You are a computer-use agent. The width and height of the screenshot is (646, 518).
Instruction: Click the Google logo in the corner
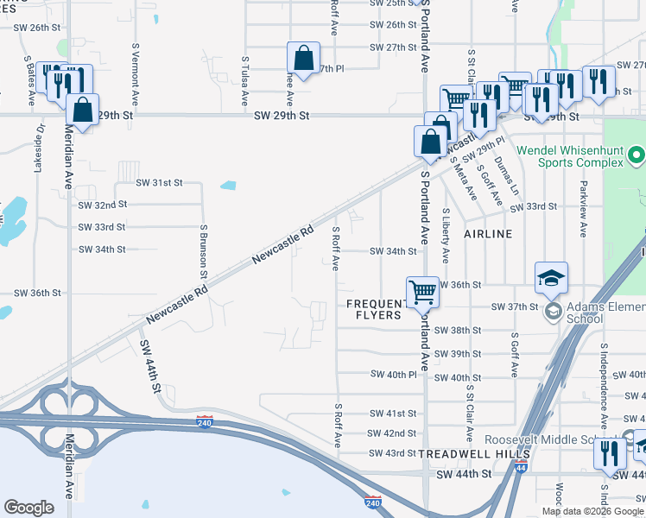28,508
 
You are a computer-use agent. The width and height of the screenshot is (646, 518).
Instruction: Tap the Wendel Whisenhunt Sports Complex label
569,156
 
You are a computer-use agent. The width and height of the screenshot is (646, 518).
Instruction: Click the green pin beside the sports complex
636,157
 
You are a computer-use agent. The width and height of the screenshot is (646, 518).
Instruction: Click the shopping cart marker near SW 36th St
422,292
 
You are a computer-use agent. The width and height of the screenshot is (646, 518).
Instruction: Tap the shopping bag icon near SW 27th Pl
304,59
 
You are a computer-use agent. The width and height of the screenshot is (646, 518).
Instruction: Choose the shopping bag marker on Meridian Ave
82,111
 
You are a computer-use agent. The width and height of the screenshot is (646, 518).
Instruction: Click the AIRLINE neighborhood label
487,234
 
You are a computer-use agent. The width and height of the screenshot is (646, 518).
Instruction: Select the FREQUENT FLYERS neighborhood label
375,309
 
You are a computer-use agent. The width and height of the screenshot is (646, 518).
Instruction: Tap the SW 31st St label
159,183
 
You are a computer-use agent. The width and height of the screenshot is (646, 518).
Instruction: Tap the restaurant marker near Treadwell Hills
611,452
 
